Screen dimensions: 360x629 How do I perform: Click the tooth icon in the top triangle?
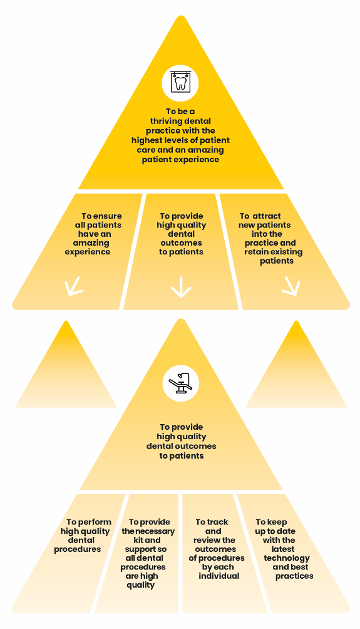[180, 83]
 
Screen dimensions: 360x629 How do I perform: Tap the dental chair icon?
[181, 383]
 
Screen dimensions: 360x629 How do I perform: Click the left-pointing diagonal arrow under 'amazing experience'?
[73, 286]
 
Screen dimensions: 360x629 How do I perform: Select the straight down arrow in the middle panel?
[181, 287]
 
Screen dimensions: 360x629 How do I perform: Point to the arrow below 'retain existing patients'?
[292, 286]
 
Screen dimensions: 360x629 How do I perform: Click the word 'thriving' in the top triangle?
[165, 121]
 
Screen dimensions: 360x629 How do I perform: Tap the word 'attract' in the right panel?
[267, 216]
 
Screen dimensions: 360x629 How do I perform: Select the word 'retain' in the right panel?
[256, 252]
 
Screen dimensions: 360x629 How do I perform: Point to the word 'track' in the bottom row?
[218, 522]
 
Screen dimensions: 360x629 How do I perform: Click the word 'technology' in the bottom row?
[287, 558]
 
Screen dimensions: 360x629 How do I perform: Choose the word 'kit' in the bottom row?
[138, 540]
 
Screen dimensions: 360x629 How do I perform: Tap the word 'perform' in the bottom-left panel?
[95, 522]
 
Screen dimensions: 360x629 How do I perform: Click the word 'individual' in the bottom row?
[219, 576]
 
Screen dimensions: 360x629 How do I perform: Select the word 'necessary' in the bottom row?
[155, 531]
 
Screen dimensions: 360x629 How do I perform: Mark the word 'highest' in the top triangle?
[145, 140]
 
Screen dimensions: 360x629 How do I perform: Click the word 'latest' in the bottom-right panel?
[283, 549]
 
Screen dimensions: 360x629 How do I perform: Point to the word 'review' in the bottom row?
[207, 540]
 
